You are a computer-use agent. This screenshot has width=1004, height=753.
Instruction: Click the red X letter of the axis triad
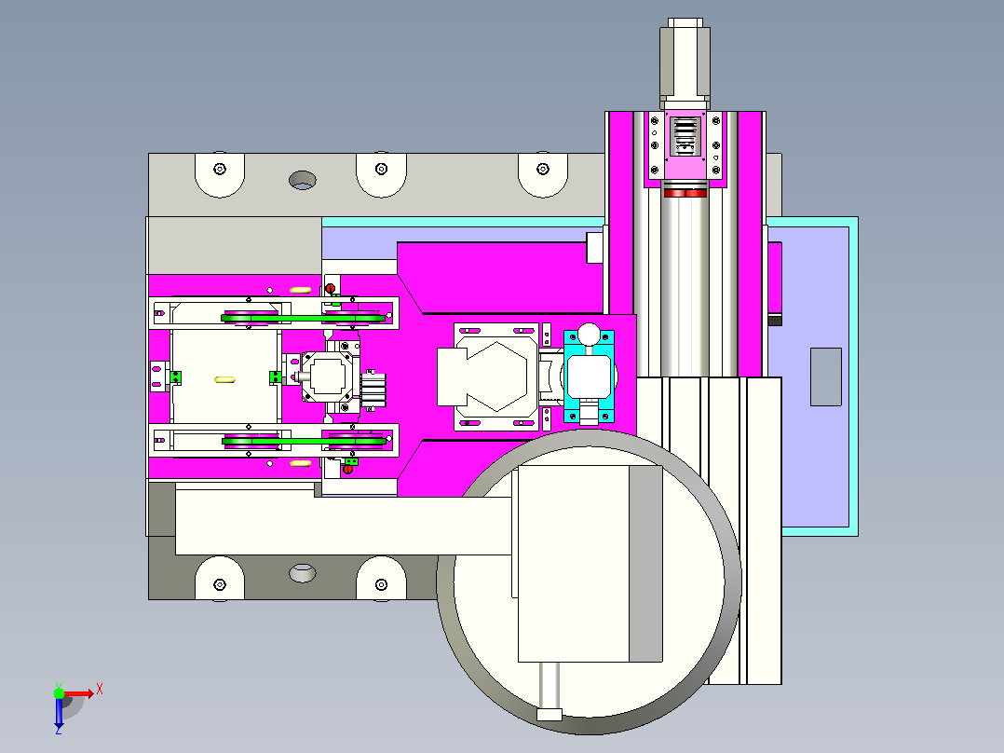[100, 690]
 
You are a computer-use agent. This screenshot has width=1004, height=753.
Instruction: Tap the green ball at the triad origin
[59, 693]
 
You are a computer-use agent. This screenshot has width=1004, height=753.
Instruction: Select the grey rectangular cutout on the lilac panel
[826, 376]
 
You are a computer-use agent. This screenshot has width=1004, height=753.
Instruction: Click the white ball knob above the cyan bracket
[589, 334]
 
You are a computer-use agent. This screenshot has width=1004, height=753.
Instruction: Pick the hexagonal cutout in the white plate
[497, 376]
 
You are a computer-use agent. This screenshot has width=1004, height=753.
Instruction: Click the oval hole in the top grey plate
[302, 180]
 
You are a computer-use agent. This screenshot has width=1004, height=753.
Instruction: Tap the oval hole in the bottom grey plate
[302, 573]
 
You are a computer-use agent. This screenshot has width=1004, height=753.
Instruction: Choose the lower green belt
[304, 441]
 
